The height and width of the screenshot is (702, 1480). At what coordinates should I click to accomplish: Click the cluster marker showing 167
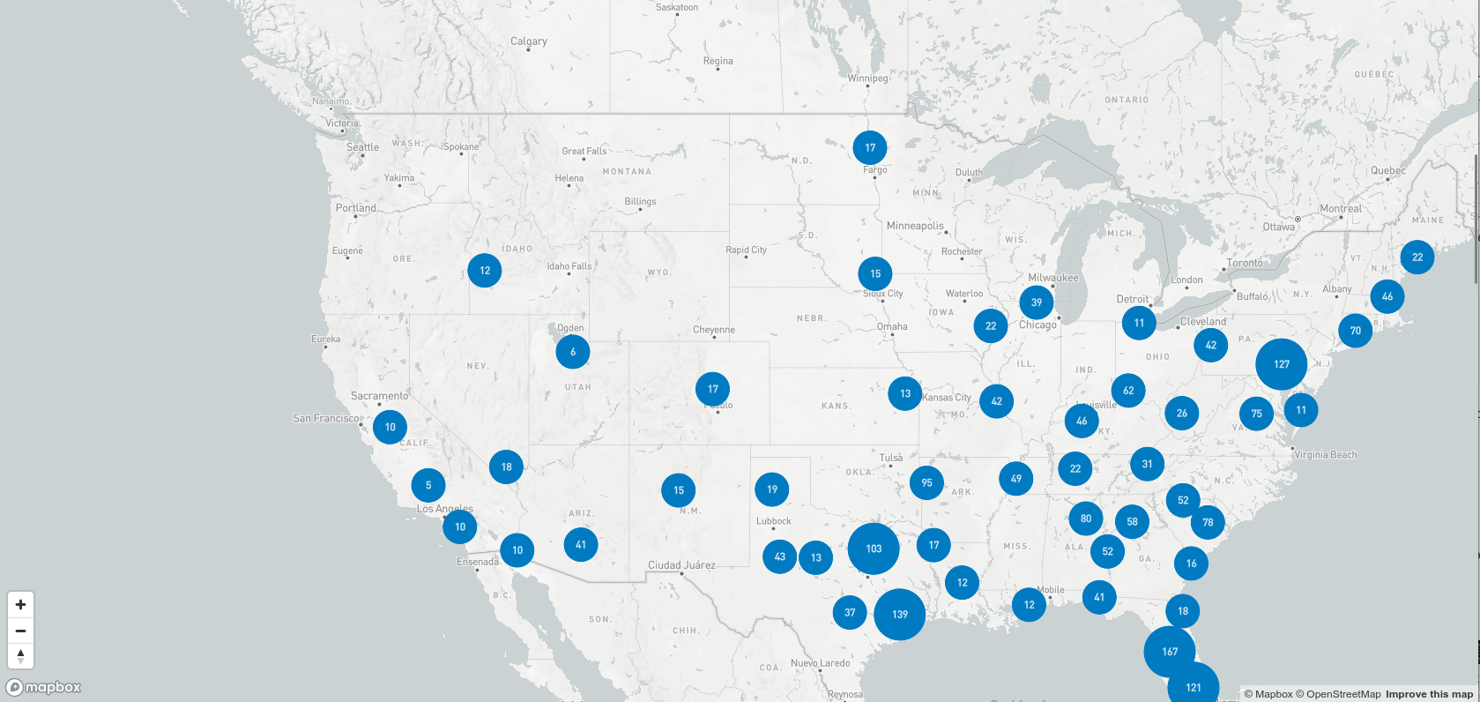point(1170,652)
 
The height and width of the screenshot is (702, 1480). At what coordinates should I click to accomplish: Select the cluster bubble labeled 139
point(899,615)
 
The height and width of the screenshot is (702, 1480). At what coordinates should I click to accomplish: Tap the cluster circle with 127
point(1282,364)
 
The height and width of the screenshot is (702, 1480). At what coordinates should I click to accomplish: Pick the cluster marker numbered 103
point(874,549)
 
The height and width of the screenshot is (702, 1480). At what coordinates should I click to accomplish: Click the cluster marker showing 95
point(926,482)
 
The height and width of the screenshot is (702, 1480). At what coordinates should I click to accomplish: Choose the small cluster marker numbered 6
point(573,352)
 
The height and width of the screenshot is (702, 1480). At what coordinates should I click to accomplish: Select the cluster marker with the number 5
point(428,485)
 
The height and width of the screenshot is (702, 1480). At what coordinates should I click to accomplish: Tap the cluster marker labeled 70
point(1356,331)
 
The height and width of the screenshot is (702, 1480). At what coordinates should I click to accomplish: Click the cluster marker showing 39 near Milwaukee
point(1037,302)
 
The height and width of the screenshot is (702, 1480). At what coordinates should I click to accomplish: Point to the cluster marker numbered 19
point(772,489)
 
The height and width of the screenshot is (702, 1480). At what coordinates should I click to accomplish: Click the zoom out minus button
point(20,631)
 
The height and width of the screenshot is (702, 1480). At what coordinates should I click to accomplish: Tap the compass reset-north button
point(20,656)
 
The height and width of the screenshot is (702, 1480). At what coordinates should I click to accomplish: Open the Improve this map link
point(1429,694)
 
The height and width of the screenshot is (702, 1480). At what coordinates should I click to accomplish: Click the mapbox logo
point(44,687)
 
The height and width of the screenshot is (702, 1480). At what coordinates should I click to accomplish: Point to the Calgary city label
point(529,41)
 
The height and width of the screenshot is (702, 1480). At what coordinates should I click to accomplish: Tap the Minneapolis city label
point(915,226)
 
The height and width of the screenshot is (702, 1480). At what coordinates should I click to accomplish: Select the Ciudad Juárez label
point(681,565)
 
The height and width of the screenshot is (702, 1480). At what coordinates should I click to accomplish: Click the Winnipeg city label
point(868,78)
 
